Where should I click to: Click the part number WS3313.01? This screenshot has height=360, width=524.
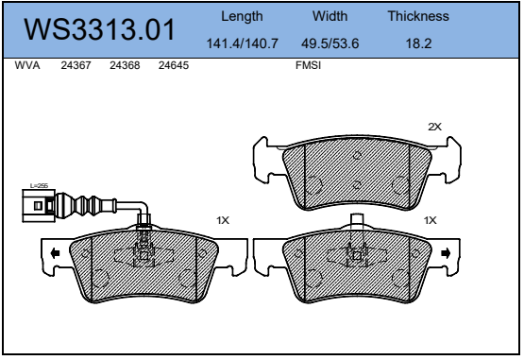click(99, 29)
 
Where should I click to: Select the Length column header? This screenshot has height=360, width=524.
click(242, 16)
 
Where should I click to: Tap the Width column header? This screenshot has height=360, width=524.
click(330, 16)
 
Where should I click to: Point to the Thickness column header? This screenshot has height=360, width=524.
click(418, 16)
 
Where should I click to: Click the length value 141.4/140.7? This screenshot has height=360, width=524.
click(243, 43)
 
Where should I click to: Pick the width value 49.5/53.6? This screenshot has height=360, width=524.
click(330, 43)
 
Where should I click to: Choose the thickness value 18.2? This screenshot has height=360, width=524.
click(418, 43)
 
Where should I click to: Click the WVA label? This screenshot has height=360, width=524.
click(27, 65)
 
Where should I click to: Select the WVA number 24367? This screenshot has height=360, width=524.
click(76, 65)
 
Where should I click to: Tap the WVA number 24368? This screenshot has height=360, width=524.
click(125, 65)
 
